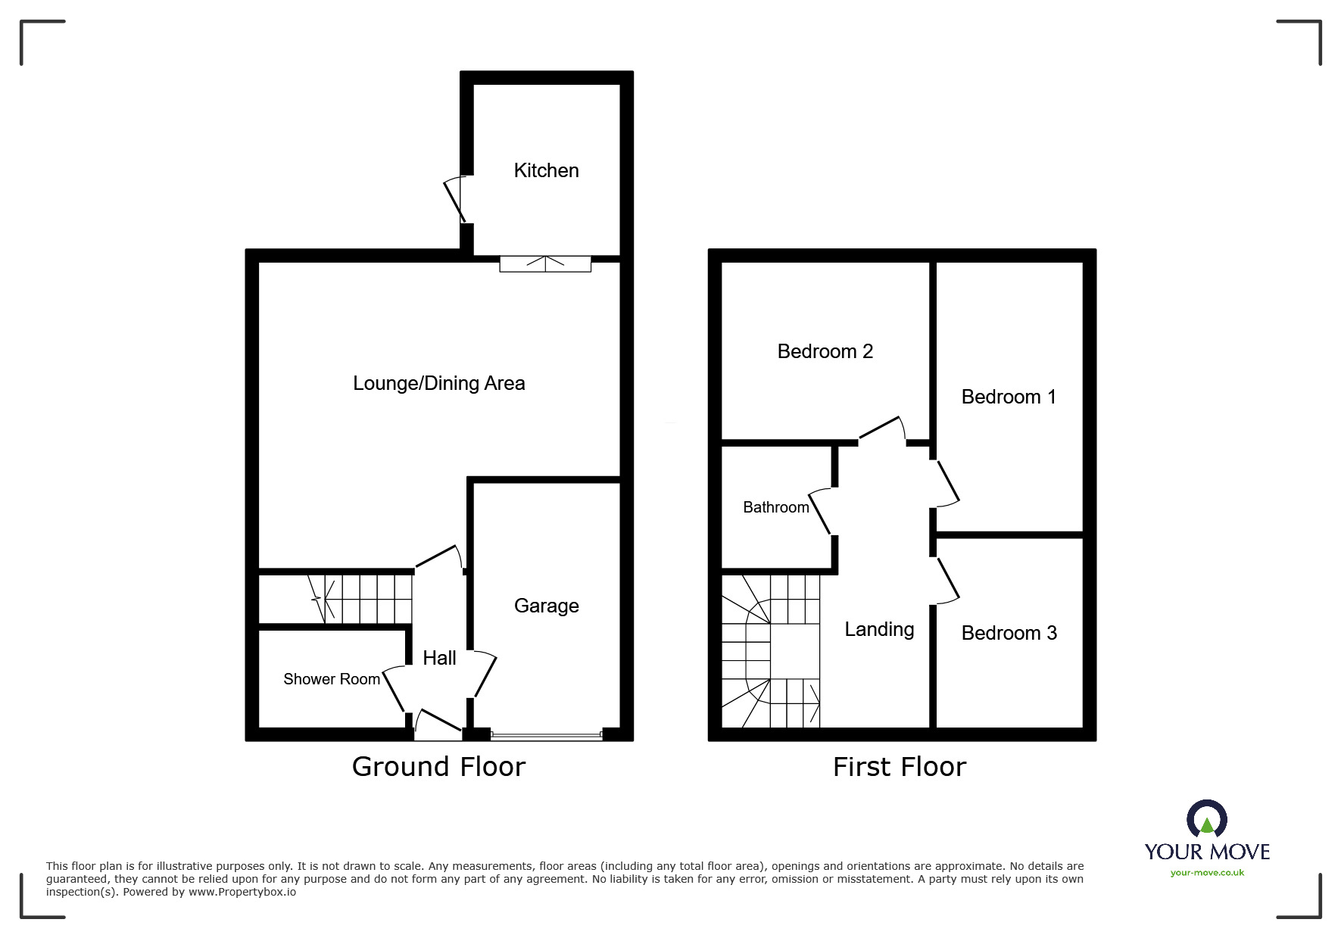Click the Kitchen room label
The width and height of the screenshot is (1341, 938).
pyautogui.click(x=546, y=170)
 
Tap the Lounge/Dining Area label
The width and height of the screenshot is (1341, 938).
pyautogui.click(x=439, y=383)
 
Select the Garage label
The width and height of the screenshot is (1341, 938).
pyautogui.click(x=546, y=606)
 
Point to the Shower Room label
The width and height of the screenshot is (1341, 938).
pyautogui.click(x=332, y=679)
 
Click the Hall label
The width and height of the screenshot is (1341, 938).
pyautogui.click(x=439, y=658)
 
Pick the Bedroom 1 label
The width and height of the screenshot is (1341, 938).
pyautogui.click(x=1009, y=397)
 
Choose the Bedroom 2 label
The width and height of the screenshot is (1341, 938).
pyautogui.click(x=825, y=351)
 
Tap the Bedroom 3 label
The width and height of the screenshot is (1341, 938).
pyautogui.click(x=1009, y=633)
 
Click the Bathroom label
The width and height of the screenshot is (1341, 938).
pyautogui.click(x=776, y=507)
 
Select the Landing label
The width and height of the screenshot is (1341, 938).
pyautogui.click(x=879, y=629)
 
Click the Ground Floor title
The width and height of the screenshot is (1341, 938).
pyautogui.click(x=438, y=767)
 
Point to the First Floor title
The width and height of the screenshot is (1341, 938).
pyautogui.click(x=900, y=767)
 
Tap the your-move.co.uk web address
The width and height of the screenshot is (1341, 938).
pyautogui.click(x=1207, y=873)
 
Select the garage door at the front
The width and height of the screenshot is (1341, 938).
pyautogui.click(x=546, y=734)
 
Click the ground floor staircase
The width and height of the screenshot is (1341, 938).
pyautogui.click(x=335, y=599)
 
